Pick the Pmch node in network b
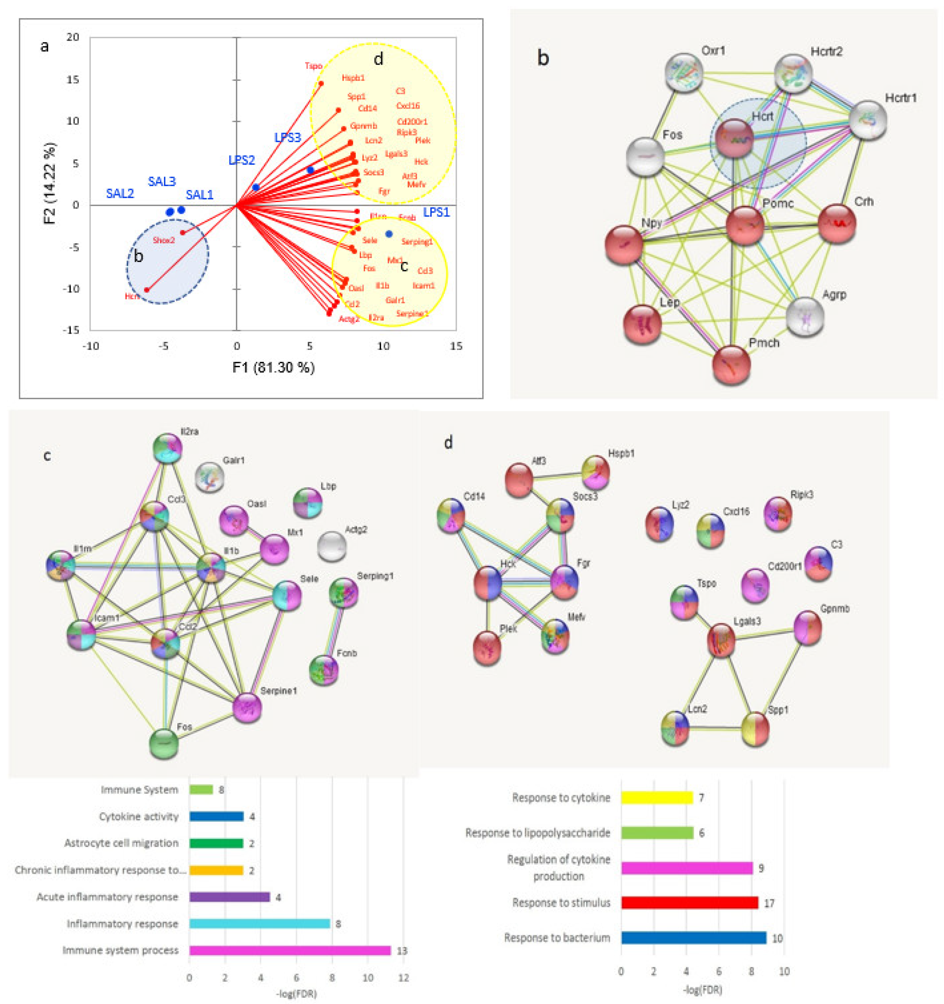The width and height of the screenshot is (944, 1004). pyautogui.click(x=731, y=365)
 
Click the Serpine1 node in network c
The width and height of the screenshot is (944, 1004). pyautogui.click(x=247, y=707)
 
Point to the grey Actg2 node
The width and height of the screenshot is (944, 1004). pyautogui.click(x=332, y=546)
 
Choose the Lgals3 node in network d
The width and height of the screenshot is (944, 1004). pyautogui.click(x=721, y=640)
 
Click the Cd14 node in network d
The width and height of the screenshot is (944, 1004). pyautogui.click(x=451, y=515)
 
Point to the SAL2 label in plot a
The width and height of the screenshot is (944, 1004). pyautogui.click(x=120, y=194)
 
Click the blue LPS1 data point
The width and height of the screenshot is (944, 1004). pyautogui.click(x=389, y=234)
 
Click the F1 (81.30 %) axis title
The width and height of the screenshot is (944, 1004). pyautogui.click(x=273, y=367)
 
